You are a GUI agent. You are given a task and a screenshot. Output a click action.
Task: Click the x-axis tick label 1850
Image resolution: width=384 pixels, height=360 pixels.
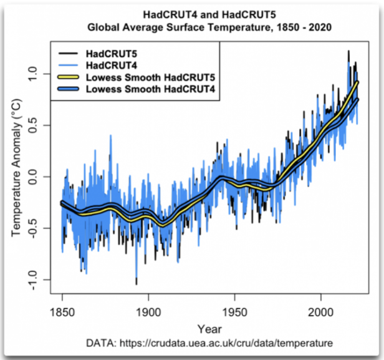[x=62, y=312]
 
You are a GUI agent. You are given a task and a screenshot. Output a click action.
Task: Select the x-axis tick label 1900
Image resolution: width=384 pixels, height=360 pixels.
[x=148, y=312]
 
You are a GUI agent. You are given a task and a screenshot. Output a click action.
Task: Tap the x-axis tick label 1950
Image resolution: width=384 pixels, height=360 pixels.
[x=234, y=312]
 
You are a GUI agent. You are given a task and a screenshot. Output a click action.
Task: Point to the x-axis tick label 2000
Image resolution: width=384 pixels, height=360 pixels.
[x=320, y=312]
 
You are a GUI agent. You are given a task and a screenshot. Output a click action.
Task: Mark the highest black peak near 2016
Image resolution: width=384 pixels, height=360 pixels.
[x=348, y=51]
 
